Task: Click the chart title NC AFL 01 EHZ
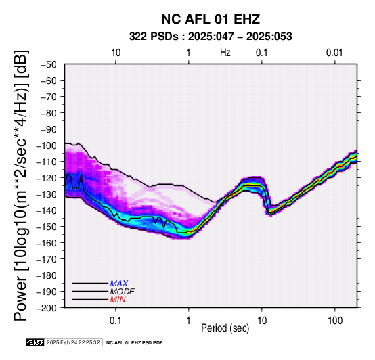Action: click(x=211, y=19)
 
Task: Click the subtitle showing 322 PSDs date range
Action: click(x=211, y=37)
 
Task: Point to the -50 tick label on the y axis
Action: click(x=49, y=64)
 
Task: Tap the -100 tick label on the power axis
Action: click(x=47, y=145)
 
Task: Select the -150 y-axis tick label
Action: click(x=47, y=227)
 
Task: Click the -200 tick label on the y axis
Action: click(x=47, y=308)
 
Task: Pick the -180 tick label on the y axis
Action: click(x=47, y=275)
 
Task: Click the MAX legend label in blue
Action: click(x=119, y=284)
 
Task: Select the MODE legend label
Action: click(x=123, y=292)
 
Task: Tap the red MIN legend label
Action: click(x=118, y=300)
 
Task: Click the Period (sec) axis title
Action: click(x=225, y=328)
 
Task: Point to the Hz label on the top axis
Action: click(x=225, y=53)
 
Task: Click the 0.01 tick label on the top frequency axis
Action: click(x=334, y=53)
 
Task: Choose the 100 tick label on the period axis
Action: click(x=335, y=321)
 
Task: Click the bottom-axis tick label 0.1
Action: click(x=116, y=321)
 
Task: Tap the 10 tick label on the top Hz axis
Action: click(x=116, y=53)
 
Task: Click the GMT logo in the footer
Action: click(x=35, y=342)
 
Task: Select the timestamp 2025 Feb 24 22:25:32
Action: click(x=73, y=342)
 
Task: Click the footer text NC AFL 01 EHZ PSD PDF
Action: click(x=134, y=343)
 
